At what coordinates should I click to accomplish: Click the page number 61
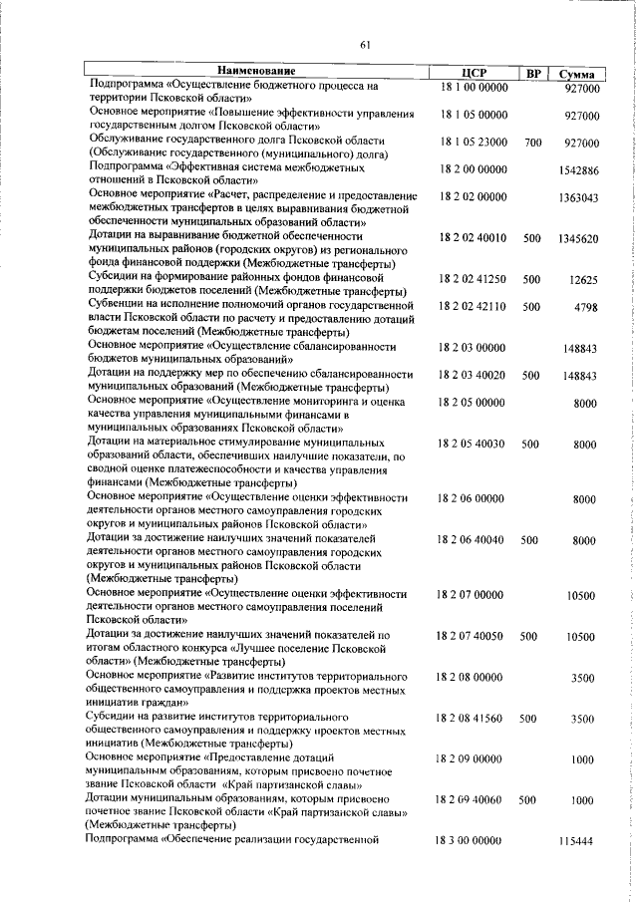(365, 45)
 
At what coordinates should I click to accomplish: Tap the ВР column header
(533, 74)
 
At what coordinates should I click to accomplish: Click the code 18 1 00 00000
(473, 89)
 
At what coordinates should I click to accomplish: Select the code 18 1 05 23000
(473, 144)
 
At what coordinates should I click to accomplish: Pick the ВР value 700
(531, 144)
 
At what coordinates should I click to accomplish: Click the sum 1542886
(578, 171)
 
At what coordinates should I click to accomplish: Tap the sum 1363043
(578, 198)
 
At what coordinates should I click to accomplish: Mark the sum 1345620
(578, 239)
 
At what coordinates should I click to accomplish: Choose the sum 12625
(583, 280)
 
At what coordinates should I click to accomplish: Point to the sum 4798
(586, 307)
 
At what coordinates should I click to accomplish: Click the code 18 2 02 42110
(473, 307)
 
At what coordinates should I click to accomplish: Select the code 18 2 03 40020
(473, 376)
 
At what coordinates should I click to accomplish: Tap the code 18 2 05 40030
(473, 444)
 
